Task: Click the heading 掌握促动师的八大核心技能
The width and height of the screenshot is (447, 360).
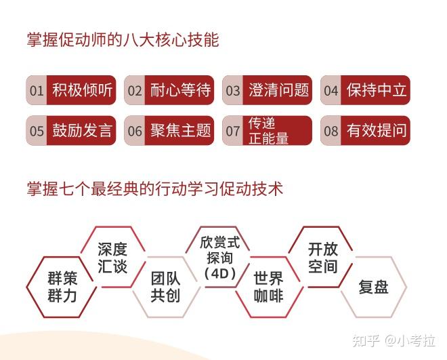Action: [123, 39]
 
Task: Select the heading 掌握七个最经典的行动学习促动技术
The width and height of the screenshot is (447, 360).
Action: [155, 188]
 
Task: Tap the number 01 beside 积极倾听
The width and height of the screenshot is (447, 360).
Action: [37, 91]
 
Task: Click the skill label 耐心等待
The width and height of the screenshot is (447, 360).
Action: [180, 90]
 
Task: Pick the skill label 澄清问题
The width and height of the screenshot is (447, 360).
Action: [278, 90]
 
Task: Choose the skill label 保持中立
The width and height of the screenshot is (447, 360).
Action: [377, 90]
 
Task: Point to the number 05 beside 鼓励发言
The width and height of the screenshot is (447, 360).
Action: [37, 131]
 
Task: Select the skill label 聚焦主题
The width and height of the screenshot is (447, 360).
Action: [180, 130]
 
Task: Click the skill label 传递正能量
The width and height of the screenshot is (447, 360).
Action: [268, 131]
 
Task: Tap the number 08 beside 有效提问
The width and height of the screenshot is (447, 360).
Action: [331, 131]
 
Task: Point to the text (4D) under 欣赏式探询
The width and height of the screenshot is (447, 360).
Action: [220, 275]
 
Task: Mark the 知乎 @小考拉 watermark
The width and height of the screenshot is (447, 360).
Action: [393, 341]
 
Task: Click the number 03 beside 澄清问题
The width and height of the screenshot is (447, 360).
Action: [233, 91]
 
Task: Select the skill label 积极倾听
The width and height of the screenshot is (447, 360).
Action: [83, 90]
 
